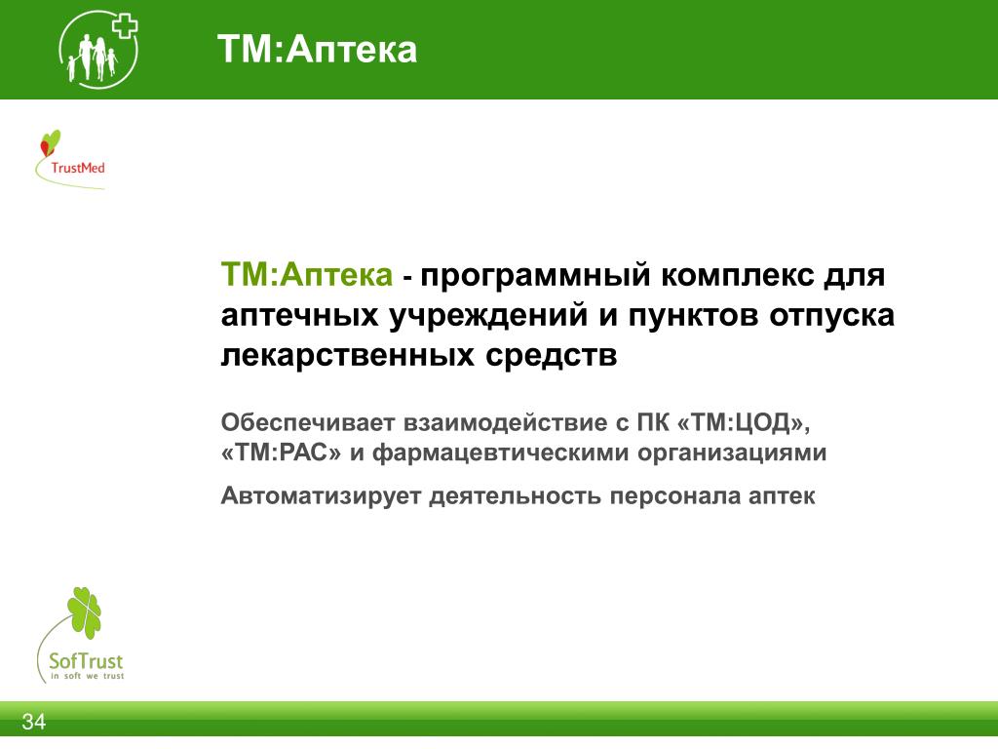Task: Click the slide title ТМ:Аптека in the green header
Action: point(317,49)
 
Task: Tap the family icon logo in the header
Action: point(98,49)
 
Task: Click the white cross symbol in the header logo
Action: point(125,26)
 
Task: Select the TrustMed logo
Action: point(70,159)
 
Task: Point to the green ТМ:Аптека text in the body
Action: point(307,274)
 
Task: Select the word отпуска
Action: point(831,317)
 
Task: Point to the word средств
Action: point(552,355)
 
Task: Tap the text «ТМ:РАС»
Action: point(282,453)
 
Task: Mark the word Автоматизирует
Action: point(321,496)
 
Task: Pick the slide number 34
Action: point(34,722)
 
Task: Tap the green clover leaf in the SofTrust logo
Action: point(85,612)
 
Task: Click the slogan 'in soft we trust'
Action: point(87,676)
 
